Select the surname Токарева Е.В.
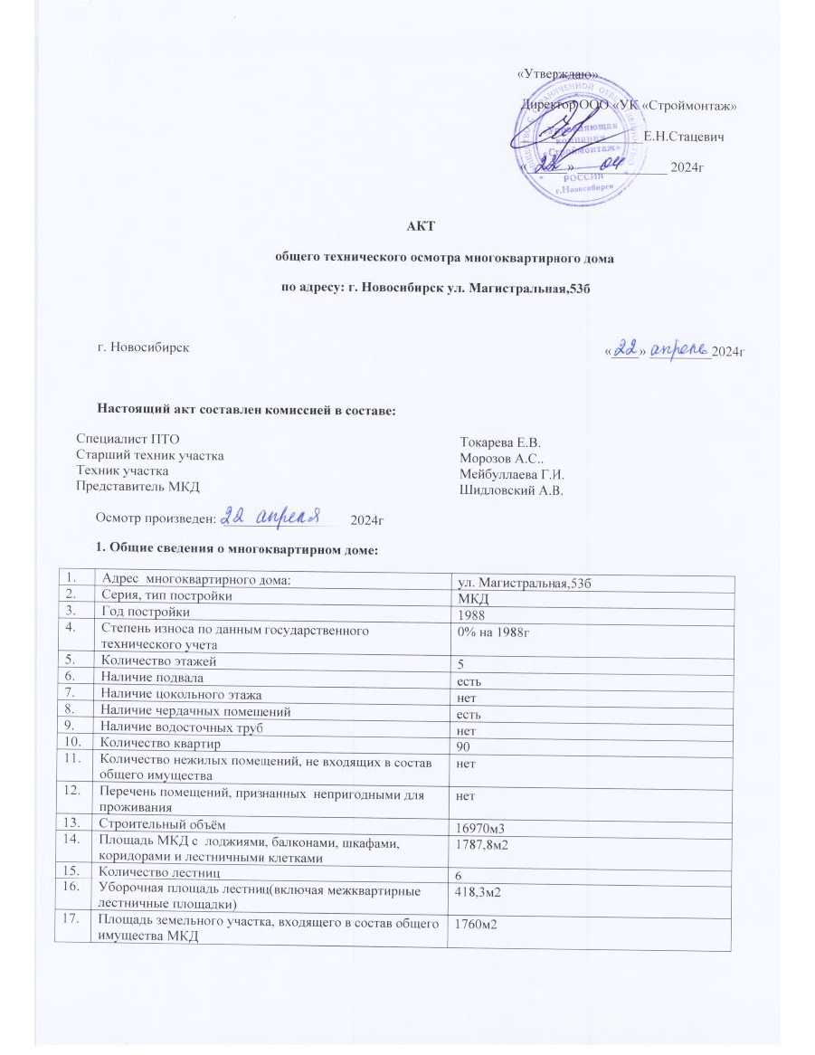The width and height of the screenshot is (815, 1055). pyautogui.click(x=499, y=442)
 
